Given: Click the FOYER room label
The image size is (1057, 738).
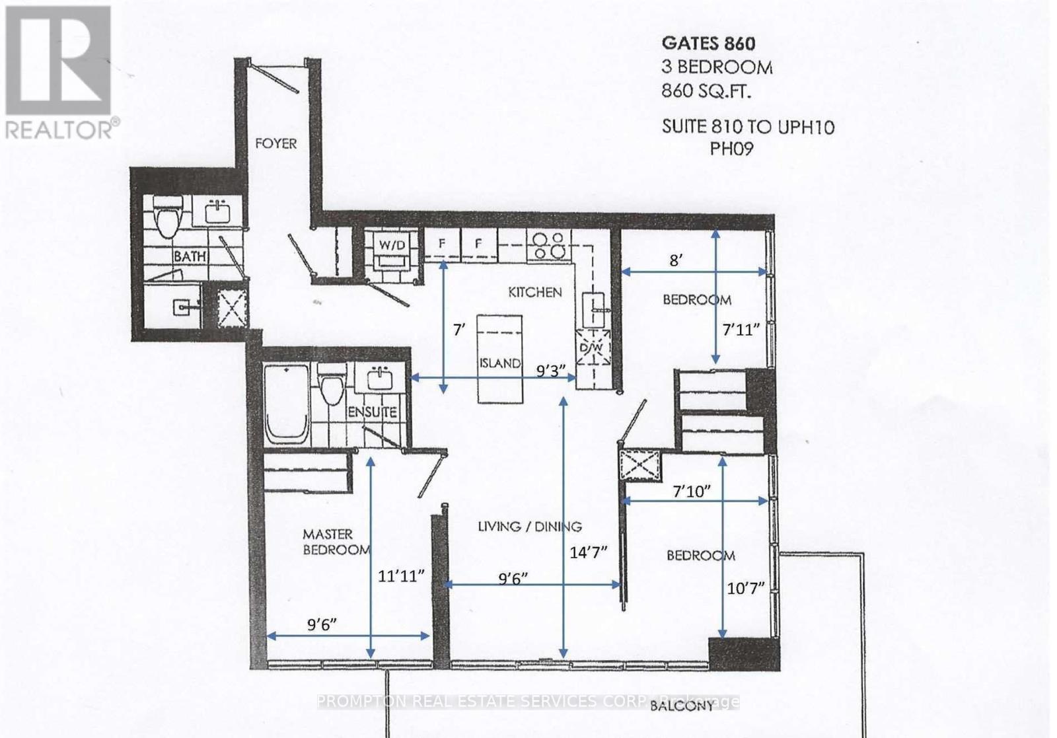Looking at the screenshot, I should coord(275,143).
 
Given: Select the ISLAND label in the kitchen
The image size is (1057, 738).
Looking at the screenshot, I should coord(500,363).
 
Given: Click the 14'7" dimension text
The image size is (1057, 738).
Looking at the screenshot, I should coord(588,552).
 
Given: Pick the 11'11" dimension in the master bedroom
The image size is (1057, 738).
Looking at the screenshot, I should coord(400,576).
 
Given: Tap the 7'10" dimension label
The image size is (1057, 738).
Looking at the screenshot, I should coord(692,491).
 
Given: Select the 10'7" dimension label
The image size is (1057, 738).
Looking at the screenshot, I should coord(745,587).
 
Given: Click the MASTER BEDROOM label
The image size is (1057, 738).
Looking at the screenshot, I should coord(335,542).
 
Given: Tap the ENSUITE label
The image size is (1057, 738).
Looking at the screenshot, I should coord(372,412).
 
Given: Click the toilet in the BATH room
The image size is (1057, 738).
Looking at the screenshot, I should coord(167,216).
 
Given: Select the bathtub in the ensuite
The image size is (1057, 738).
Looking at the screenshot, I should coord(286,406).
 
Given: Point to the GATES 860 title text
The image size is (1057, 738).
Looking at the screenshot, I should coord(708,44).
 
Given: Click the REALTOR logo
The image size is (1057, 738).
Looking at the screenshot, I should coord(61,73).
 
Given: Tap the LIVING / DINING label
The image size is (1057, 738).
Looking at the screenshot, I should coord(529,527).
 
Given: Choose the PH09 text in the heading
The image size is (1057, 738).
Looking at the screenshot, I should coord(731,149).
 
